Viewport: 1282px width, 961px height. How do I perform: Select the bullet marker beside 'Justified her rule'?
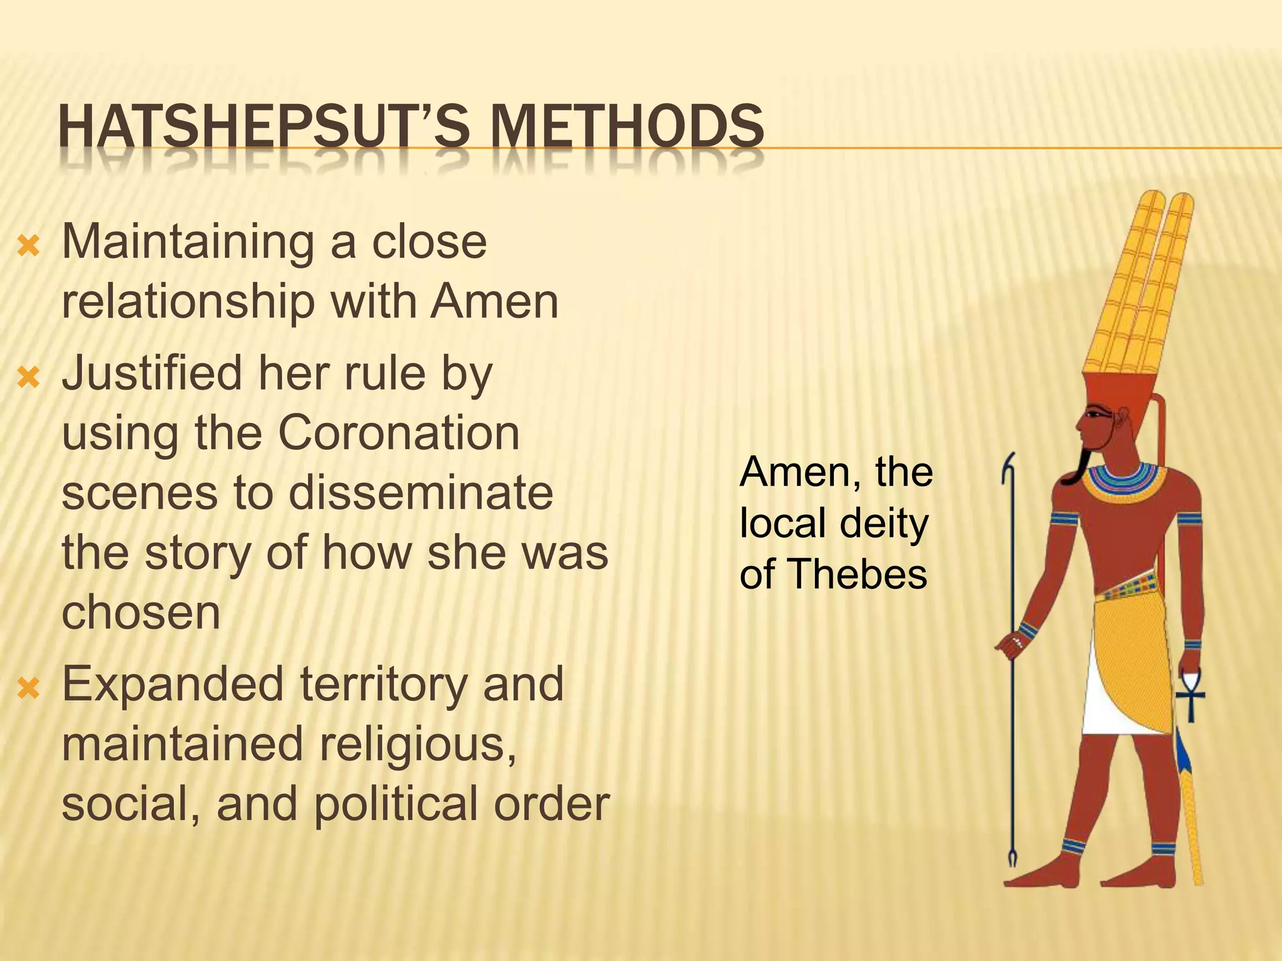29,377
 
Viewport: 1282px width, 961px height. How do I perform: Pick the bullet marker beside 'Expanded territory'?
29,689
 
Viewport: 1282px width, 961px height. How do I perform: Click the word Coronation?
398,433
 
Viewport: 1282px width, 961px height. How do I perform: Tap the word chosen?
141,613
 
